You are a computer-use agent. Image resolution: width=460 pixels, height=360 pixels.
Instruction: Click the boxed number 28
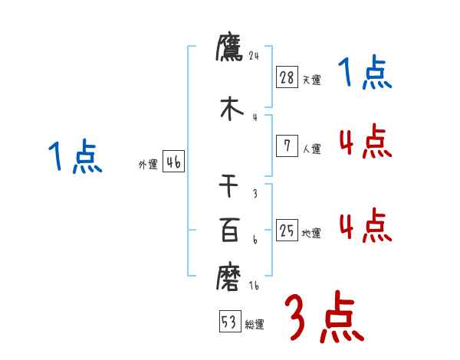[x=287, y=77]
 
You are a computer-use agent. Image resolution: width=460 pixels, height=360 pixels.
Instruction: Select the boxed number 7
[x=287, y=146]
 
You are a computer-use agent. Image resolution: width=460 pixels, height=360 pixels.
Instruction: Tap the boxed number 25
[x=287, y=230]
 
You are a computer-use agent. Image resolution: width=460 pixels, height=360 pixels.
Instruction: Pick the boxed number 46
[x=173, y=162]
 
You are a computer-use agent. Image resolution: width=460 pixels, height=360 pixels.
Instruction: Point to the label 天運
[x=311, y=80]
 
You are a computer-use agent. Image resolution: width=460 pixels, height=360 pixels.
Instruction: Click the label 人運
[x=311, y=149]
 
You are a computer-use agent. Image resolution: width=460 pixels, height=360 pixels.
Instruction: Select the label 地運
[x=311, y=233]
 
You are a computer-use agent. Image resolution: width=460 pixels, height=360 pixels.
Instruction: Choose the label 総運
[x=255, y=324]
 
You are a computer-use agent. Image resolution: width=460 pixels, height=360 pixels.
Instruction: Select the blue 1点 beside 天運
[x=365, y=74]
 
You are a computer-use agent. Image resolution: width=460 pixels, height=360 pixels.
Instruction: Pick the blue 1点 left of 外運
[x=74, y=158]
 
